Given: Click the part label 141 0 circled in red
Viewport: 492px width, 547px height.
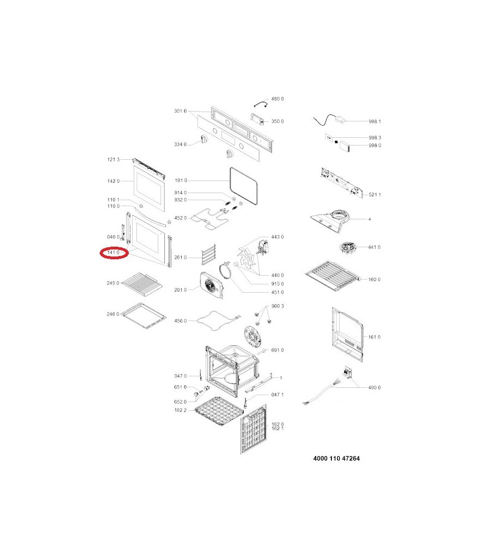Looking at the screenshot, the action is [x=113, y=252].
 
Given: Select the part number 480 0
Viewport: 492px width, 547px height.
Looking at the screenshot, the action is [x=277, y=98].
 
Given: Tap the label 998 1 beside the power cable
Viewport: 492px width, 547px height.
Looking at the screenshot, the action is [x=375, y=121].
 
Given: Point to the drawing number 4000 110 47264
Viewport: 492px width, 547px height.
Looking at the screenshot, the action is [x=336, y=458].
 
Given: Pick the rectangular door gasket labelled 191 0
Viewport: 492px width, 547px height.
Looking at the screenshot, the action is [x=244, y=185].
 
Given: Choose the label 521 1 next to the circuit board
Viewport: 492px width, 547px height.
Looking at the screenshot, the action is [x=375, y=195].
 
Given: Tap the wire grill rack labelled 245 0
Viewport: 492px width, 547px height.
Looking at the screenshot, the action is [x=142, y=282].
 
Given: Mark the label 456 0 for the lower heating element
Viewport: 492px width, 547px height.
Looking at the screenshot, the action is [x=180, y=321].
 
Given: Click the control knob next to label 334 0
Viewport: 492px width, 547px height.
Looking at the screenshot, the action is [x=204, y=139].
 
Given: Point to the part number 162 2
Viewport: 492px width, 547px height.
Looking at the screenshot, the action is [x=180, y=410].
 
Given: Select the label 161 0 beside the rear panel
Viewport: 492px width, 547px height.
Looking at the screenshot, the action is [x=374, y=337].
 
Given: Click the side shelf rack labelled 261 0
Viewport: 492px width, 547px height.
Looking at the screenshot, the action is [x=209, y=255].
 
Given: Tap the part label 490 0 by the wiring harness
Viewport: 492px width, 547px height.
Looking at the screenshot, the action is [x=374, y=388].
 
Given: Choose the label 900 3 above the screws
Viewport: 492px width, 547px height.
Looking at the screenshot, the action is [x=277, y=306].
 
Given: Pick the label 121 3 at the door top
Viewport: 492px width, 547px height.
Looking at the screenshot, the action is [x=113, y=159].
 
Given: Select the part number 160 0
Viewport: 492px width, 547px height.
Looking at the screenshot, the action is [x=374, y=280].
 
